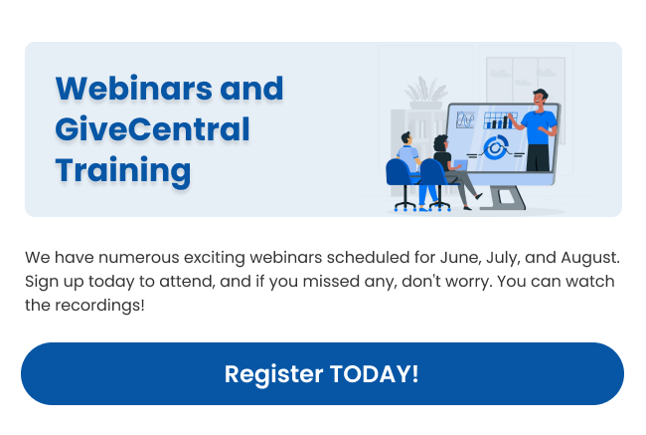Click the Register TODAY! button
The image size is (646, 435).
click(322, 373)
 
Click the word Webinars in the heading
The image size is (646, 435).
click(134, 89)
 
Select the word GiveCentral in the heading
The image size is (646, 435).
click(152, 129)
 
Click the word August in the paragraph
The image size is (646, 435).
click(590, 259)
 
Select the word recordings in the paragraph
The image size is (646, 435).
click(99, 306)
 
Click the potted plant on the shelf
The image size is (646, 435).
click(426, 93)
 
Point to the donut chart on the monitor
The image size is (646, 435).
click(496, 147)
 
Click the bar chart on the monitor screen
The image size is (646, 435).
click(499, 120)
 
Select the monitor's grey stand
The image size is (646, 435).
click(504, 198)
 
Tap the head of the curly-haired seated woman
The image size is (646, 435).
click(441, 143)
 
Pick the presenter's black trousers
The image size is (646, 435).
click(538, 157)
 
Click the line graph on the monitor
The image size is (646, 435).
click(465, 119)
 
